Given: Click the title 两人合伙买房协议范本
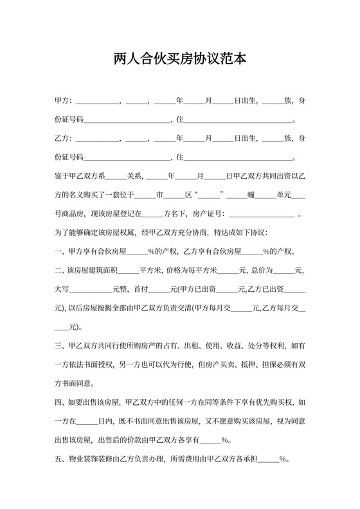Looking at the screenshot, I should (x=179, y=60).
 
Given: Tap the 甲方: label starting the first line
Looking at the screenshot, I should (x=64, y=102).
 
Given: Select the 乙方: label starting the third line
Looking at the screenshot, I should (x=64, y=139).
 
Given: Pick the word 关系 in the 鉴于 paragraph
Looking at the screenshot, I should (x=134, y=176).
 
